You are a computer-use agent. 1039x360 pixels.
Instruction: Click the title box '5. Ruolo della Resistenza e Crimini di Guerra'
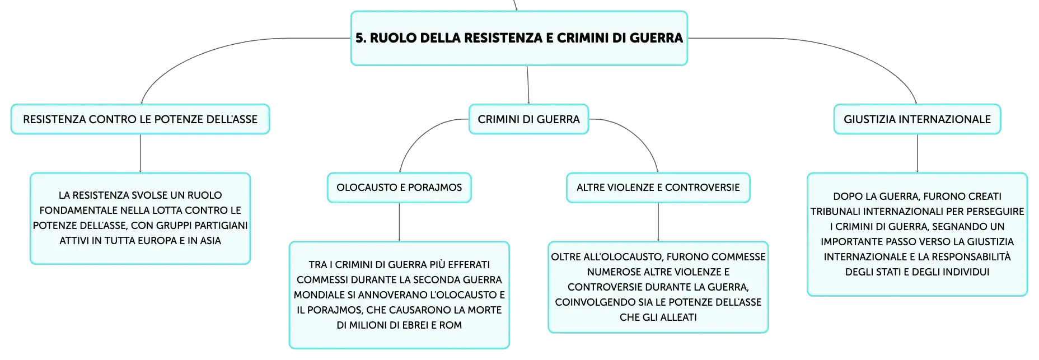519,38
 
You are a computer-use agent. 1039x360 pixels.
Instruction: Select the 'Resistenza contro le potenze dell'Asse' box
140,119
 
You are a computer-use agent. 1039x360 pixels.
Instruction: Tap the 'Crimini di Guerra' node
528,119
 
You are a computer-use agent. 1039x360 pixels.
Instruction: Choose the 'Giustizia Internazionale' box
917,119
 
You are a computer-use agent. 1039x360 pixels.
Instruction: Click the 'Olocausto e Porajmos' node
399,188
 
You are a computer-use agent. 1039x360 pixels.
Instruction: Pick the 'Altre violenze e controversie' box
658,188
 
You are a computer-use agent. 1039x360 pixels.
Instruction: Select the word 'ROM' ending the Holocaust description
451,325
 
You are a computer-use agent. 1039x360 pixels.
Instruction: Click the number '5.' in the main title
361,38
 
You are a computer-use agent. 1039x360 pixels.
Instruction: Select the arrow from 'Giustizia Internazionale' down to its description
917,153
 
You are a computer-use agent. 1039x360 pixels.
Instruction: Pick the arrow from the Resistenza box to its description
140,153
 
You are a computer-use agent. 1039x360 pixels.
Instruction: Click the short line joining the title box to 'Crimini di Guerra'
528,85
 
